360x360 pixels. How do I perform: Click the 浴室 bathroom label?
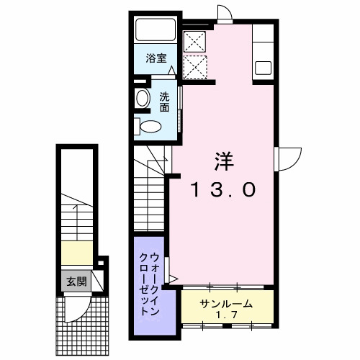pos(157,59)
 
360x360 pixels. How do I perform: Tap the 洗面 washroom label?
pos(165,102)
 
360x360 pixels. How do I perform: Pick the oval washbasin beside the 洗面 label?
pos(142,100)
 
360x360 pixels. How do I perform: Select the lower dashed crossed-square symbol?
pos(194,66)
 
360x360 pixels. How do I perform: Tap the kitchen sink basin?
pos(263,68)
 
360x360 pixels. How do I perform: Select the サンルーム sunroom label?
pos(226,304)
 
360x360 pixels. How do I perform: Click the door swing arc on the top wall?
pos(223,13)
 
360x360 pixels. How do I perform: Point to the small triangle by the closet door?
pos(172,277)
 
